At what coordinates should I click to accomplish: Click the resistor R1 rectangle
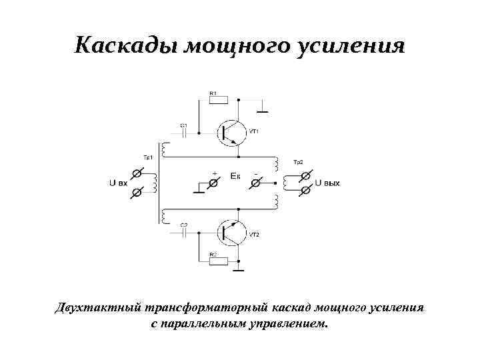tap(218, 100)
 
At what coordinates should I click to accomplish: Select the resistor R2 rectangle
tap(218, 261)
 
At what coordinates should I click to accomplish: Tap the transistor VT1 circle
tap(231, 133)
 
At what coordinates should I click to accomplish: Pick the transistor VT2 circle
tap(231, 232)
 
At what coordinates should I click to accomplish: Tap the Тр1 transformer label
tap(149, 157)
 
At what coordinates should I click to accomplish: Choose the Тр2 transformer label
tap(298, 163)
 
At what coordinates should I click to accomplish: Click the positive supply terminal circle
tap(215, 182)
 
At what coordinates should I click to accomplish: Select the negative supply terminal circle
tap(258, 182)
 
